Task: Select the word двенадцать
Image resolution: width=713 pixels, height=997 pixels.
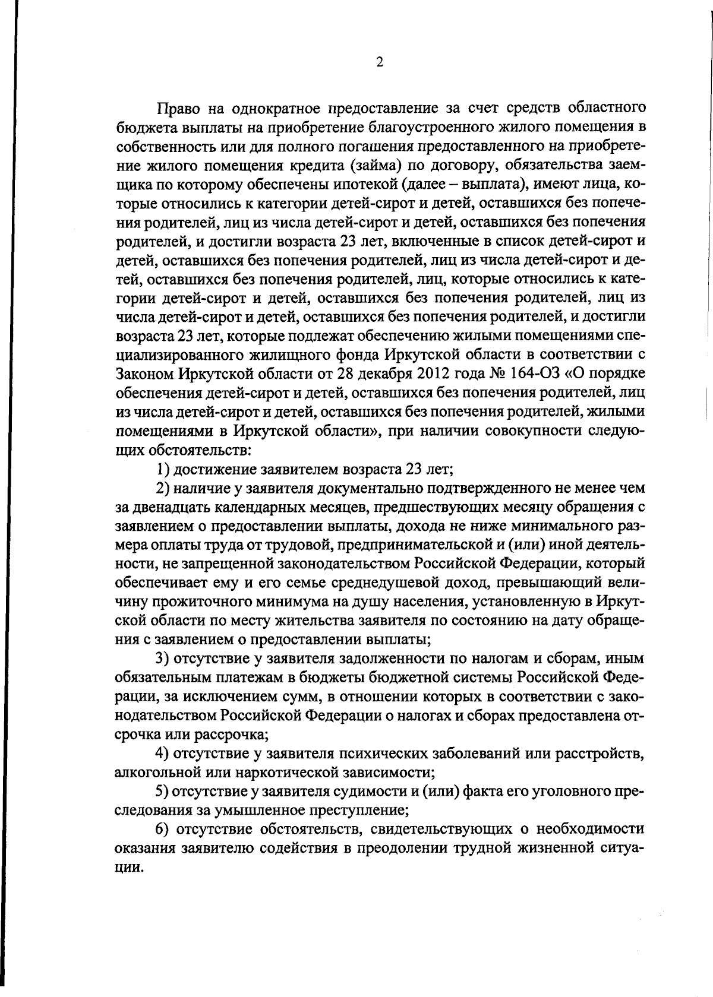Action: (171, 507)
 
